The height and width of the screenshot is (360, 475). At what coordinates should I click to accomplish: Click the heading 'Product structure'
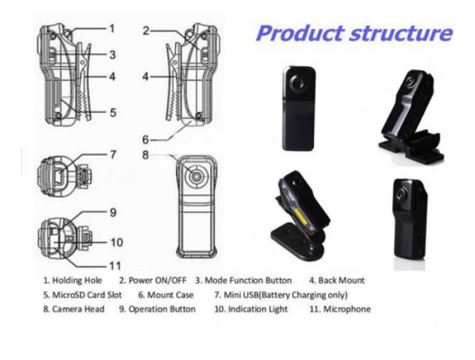coord(354,33)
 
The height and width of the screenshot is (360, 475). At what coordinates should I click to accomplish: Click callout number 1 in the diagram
coord(111,28)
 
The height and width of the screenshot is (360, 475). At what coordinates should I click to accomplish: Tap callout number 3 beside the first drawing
coord(111,54)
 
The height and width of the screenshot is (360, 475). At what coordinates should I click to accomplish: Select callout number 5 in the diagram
coord(111,113)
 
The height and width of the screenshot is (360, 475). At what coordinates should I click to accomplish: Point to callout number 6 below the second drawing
coord(146,139)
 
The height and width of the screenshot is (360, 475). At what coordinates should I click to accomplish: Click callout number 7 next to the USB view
coord(113,155)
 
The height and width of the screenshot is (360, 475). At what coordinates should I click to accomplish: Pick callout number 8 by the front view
coord(146,155)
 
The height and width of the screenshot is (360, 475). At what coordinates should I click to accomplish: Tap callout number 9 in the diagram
coord(113,212)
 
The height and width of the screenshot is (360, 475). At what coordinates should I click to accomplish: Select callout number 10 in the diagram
coord(116,241)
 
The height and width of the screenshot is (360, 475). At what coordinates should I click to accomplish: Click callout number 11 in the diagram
coord(115,265)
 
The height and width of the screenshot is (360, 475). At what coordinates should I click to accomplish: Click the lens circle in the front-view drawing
coord(195,178)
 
